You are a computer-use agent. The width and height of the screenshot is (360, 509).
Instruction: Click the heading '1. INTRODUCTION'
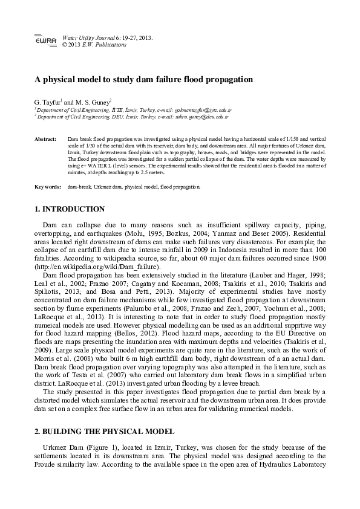tap(70, 209)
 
